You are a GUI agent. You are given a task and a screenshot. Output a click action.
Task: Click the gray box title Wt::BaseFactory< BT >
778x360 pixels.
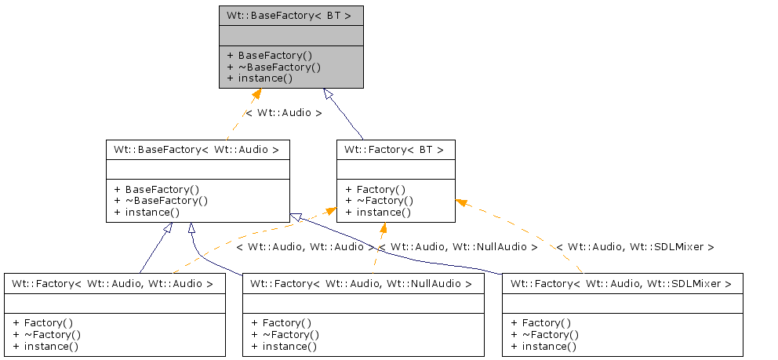point(289,15)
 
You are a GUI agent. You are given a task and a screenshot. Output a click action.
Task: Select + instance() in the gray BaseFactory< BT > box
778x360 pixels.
point(260,78)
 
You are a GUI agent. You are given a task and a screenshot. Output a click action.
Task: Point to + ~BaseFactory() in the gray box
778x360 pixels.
point(274,67)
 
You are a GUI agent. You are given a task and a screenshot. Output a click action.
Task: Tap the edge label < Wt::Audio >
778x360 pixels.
point(283,113)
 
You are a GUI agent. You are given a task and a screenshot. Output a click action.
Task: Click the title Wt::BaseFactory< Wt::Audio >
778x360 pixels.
point(197,149)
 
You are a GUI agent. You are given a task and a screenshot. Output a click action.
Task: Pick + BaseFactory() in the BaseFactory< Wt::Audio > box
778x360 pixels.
point(157,189)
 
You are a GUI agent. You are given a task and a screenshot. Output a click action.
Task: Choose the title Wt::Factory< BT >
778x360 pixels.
point(394,149)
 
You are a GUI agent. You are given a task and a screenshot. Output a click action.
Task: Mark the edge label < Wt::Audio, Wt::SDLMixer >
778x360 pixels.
point(635,247)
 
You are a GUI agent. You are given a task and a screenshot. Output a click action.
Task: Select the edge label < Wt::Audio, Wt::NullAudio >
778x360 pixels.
point(457,247)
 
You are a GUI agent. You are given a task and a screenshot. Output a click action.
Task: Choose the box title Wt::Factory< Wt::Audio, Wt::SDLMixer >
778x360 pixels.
point(621,283)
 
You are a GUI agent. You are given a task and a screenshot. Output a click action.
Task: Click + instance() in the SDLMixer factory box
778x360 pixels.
point(544,347)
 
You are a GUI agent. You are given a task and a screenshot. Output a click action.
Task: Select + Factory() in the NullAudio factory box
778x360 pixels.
point(282,322)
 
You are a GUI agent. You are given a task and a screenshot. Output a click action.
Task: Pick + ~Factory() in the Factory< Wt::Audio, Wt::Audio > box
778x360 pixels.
point(46,334)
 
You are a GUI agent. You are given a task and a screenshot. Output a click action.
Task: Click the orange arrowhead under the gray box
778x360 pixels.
point(255,95)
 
